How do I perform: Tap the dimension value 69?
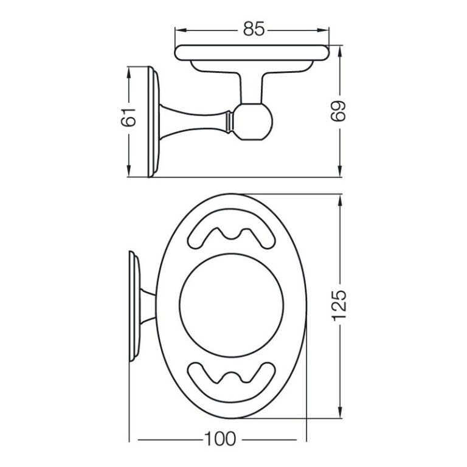(x=341, y=109)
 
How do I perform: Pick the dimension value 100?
(x=220, y=440)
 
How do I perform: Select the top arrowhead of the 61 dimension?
(x=129, y=71)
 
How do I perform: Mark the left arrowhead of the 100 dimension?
(x=136, y=440)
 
